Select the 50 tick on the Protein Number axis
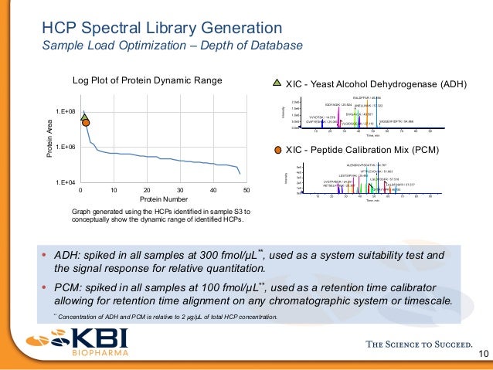246,190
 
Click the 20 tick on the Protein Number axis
147,190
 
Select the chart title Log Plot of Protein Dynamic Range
147,80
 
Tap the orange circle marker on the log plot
86,122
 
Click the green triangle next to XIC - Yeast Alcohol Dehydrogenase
278,82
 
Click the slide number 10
484,355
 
